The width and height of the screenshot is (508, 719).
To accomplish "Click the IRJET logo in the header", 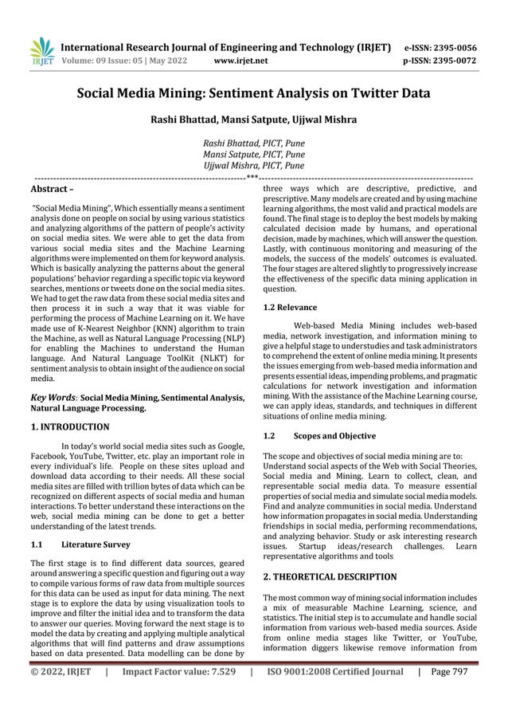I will pyautogui.click(x=41, y=51).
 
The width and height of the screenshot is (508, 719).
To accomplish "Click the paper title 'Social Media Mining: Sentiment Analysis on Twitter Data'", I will pyautogui.click(x=253, y=93).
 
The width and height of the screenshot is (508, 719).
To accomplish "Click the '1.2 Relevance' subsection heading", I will pyautogui.click(x=289, y=307).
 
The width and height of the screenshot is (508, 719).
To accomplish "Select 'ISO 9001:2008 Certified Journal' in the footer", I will pyautogui.click(x=335, y=693).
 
